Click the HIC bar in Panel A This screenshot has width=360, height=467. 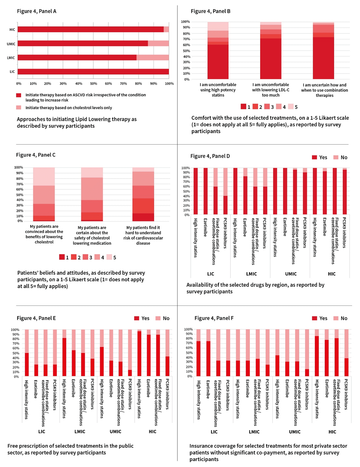coord(93,29)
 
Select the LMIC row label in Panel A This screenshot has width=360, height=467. coord(11,58)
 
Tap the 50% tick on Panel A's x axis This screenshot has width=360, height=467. coord(94,84)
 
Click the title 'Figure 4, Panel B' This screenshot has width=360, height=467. coord(210,11)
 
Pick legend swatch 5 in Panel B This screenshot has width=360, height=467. coord(291,107)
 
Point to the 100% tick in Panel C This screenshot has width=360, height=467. coord(19,167)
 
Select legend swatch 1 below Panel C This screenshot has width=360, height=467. coord(62,257)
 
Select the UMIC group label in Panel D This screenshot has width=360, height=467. coord(291,274)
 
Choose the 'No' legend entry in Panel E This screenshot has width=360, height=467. coord(163,318)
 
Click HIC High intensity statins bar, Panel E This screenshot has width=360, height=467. coord(139,353)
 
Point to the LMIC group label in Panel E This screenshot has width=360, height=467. coord(80,431)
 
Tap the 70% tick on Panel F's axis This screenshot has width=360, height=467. coord(188,343)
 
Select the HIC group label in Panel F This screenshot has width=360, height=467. coord(332,432)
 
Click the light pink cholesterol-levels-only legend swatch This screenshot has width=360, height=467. coord(19,107)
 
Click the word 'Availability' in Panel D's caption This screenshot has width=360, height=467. coord(200,285)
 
